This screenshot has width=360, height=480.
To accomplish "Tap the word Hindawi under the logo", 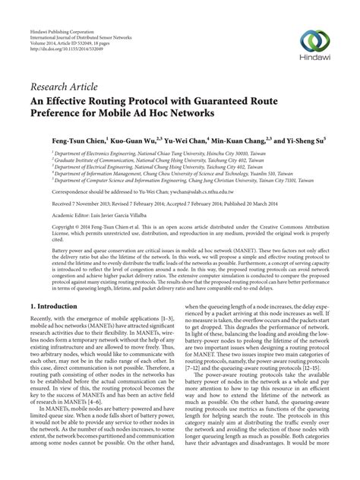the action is [314, 60].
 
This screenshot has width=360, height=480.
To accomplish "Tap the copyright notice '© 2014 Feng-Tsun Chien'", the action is [90, 227].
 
